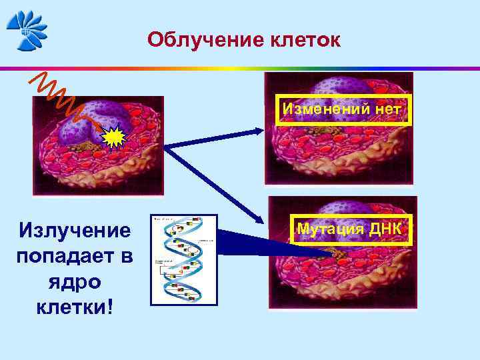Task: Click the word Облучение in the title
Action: coord(198,40)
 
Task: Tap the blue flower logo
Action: coord(27,30)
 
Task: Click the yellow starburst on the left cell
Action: coord(115,138)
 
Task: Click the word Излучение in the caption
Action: coord(75,231)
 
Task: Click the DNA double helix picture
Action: coord(184,261)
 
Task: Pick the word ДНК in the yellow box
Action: coord(385,229)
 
